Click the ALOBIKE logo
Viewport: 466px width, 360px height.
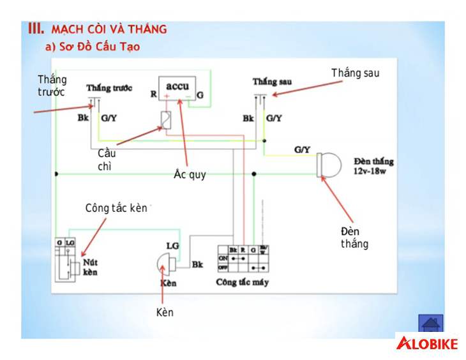coord(428,344)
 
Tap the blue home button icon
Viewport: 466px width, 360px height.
coord(431,324)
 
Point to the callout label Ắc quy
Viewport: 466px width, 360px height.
coord(190,174)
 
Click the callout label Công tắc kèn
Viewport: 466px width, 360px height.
coord(116,209)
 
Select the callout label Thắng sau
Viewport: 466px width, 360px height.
coord(355,73)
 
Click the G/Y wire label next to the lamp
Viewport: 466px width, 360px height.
coord(302,149)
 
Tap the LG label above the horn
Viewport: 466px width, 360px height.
coord(172,245)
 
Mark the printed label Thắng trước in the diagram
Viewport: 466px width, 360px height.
coord(109,87)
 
